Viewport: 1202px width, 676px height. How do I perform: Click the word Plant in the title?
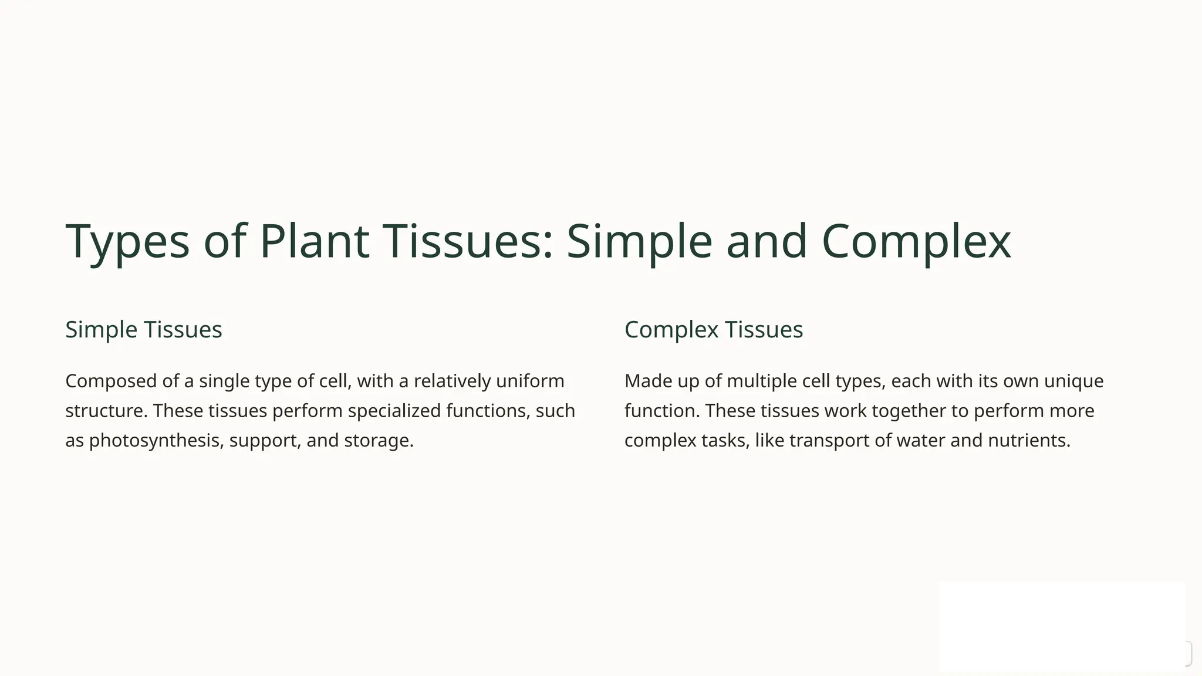pos(314,241)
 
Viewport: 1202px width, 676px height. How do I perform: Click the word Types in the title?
pos(127,241)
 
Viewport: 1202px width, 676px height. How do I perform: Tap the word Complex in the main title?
pos(916,241)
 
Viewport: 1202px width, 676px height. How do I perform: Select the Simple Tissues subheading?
pos(144,329)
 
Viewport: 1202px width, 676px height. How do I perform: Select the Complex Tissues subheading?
pos(713,329)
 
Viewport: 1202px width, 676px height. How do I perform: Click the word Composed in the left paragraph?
pos(111,381)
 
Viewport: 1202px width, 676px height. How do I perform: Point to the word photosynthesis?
pos(156,440)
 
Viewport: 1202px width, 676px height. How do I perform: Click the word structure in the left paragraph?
pos(106,411)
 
